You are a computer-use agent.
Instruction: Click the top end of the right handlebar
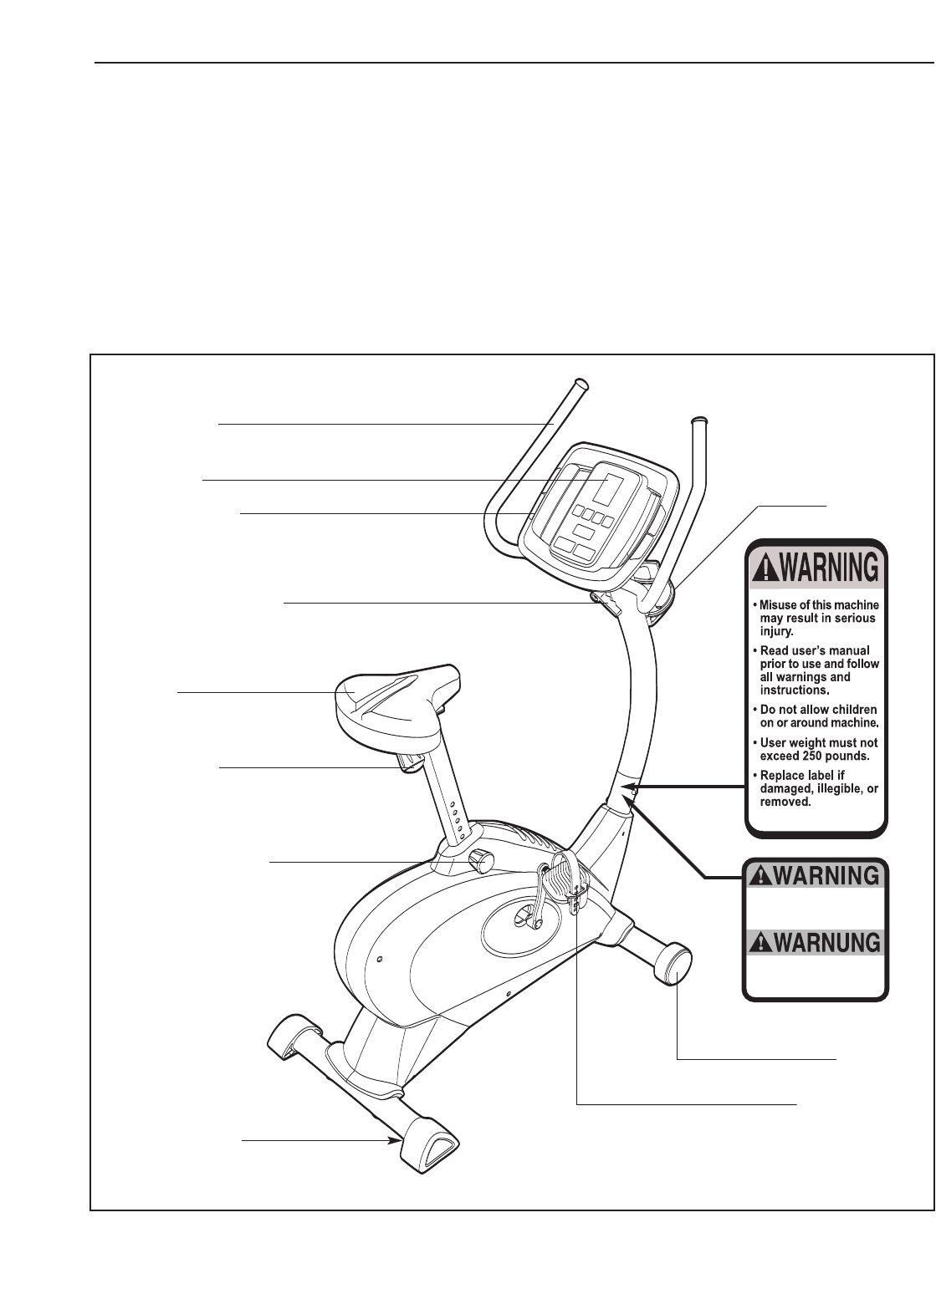point(700,420)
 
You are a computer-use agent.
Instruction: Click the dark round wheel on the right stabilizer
point(676,964)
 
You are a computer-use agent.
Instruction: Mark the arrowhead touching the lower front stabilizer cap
point(396,1139)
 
